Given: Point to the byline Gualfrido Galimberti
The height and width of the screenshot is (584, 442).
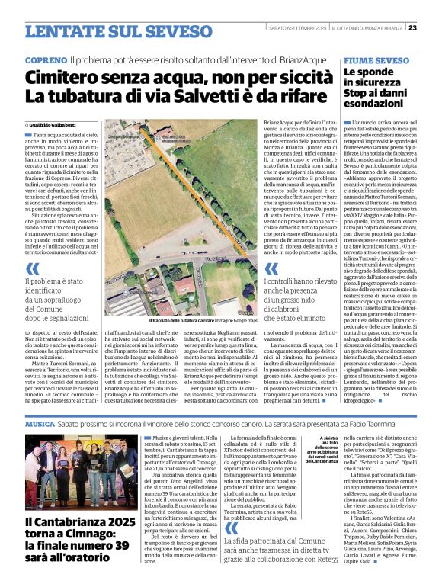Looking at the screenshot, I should [57, 124].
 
